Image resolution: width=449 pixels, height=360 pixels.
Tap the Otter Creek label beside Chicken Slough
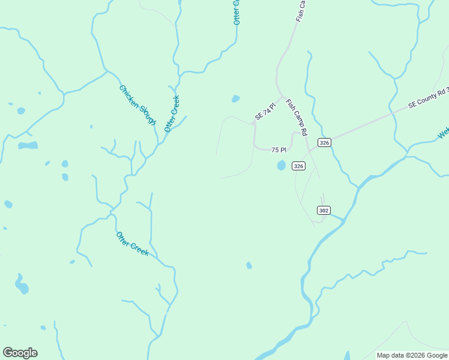172,113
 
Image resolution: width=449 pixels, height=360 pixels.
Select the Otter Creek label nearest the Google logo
132,244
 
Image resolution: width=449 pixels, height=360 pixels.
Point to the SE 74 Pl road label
265,112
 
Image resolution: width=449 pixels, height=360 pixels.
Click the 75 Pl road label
279,150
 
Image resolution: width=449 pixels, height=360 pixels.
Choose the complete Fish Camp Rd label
297,116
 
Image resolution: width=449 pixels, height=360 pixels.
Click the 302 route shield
324,210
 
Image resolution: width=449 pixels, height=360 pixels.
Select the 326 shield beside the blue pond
299,166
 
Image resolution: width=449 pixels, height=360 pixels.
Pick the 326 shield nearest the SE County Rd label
325,142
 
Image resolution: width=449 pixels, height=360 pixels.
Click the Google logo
20,353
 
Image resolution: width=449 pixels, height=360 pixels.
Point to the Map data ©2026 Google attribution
412,355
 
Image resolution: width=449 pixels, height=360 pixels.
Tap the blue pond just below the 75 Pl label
281,165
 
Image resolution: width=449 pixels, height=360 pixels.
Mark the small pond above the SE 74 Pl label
235,99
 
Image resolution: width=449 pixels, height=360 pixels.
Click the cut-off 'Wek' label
443,133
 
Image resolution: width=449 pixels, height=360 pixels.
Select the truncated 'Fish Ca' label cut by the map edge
301,11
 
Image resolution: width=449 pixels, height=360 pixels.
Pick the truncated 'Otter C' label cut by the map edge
237,12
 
